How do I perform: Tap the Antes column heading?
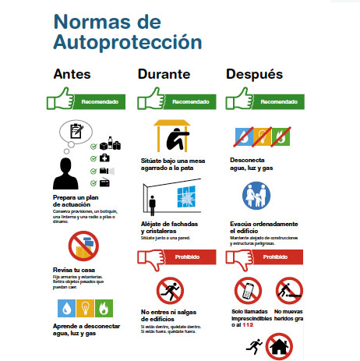[x=72, y=75]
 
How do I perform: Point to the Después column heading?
[x=253, y=75]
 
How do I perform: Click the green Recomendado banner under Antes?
[x=98, y=101]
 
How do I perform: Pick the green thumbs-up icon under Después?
[x=237, y=100]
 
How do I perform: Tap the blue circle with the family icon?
[x=254, y=197]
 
